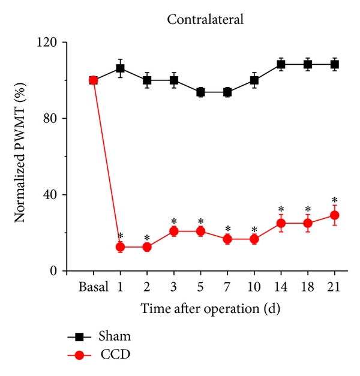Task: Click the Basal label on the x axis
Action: pos(93,287)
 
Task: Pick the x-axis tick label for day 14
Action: pos(281,287)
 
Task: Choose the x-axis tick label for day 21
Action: pos(334,287)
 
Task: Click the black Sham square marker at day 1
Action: pos(120,68)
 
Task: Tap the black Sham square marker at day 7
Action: pos(227,92)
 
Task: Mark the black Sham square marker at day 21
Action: pos(334,64)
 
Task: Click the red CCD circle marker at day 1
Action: pos(120,247)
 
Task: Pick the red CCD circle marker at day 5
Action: pos(200,231)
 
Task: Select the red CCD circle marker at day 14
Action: pos(281,223)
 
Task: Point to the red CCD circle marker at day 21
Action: pos(334,215)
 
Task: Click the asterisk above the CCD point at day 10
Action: pos(254,229)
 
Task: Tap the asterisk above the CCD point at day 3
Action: pos(174,221)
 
